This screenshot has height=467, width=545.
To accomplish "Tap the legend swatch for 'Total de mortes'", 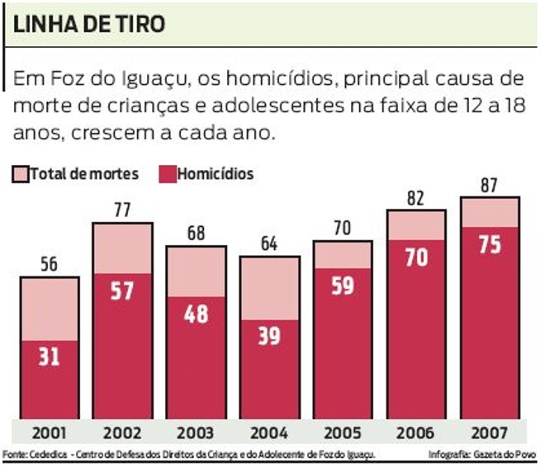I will (x=20, y=174).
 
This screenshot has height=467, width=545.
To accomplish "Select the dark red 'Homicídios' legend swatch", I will (x=163, y=174).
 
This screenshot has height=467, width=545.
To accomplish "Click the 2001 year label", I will (x=49, y=433).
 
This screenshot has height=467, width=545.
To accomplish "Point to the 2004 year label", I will (x=269, y=433).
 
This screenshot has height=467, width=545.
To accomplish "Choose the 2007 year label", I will (x=489, y=433).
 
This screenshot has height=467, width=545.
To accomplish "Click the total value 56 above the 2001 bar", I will (x=49, y=265).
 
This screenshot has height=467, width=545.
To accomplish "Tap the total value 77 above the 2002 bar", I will (x=123, y=210).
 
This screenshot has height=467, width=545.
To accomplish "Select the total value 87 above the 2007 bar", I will (x=489, y=185).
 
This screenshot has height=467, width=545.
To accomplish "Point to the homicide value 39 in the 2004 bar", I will (x=269, y=336).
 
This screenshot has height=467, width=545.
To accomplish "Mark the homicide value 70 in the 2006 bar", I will (x=416, y=257).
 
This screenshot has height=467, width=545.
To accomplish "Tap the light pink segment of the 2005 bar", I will (x=343, y=254).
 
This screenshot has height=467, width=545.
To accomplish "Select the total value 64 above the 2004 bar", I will (x=269, y=244).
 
